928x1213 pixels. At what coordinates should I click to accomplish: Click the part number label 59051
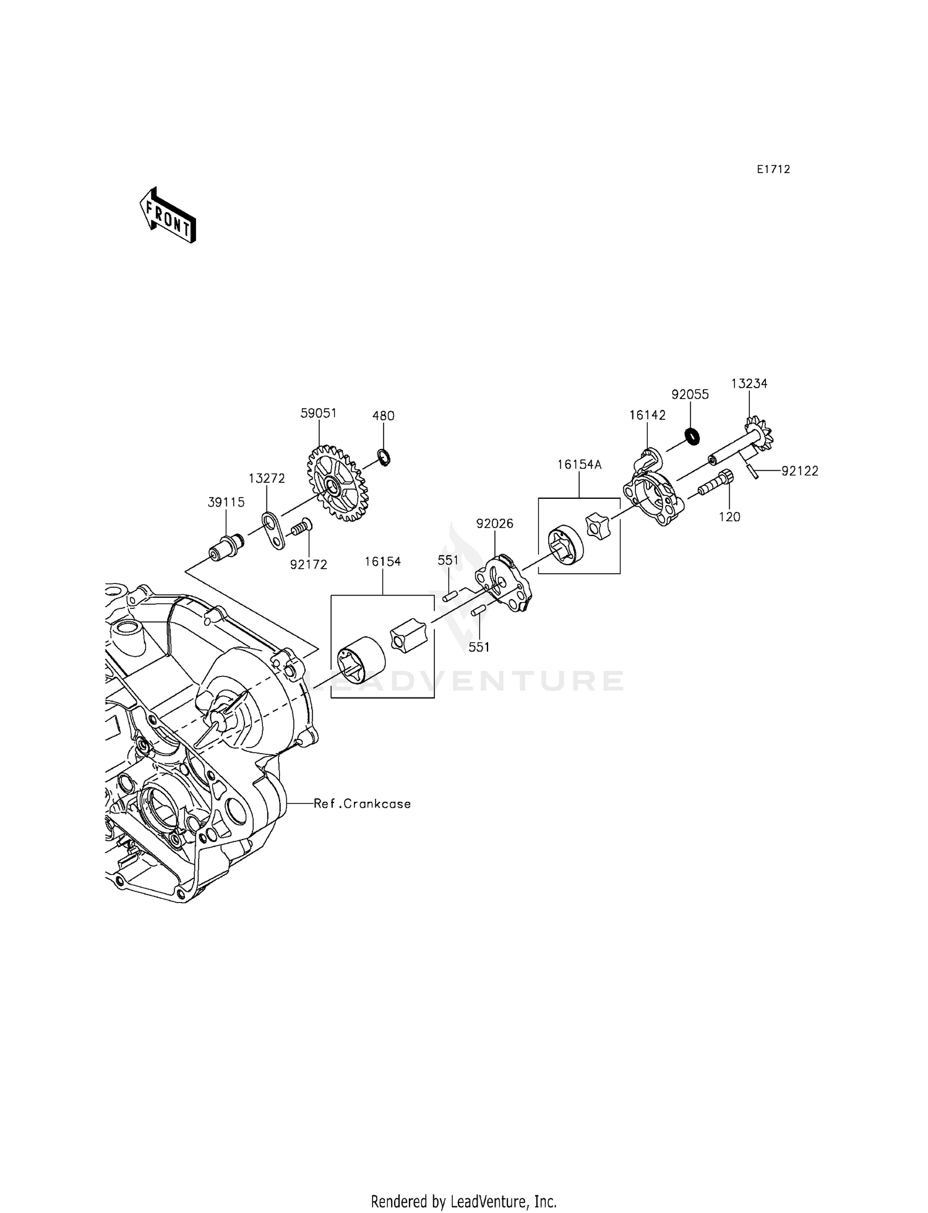pyautogui.click(x=319, y=413)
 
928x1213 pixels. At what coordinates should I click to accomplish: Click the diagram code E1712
pyautogui.click(x=773, y=169)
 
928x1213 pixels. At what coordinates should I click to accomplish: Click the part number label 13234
pyautogui.click(x=749, y=384)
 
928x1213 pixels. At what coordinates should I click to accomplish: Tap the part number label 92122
pyautogui.click(x=800, y=471)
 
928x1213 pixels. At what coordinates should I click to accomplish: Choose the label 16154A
pyautogui.click(x=579, y=464)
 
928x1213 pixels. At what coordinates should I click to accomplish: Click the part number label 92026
pyautogui.click(x=495, y=524)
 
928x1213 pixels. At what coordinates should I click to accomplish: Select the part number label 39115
pyautogui.click(x=226, y=503)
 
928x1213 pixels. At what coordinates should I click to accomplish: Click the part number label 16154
pyautogui.click(x=382, y=561)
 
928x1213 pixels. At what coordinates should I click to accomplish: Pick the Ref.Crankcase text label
pyautogui.click(x=362, y=804)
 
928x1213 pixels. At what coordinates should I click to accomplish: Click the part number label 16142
pyautogui.click(x=648, y=415)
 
